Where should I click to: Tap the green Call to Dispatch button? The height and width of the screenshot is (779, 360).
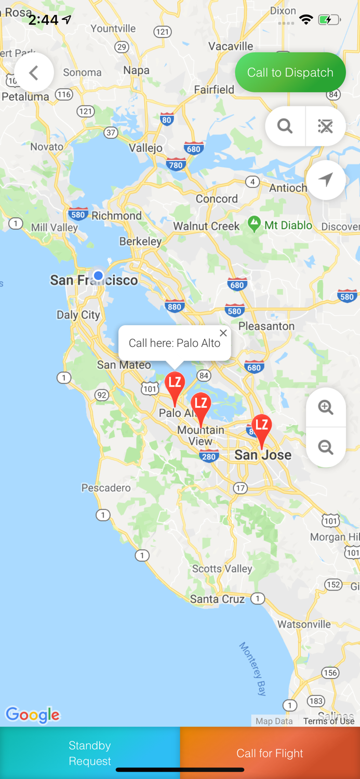(290, 72)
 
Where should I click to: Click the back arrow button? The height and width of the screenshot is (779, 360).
(34, 73)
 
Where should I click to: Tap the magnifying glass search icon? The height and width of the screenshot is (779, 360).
(285, 126)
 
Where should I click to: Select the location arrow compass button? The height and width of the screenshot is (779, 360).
(326, 180)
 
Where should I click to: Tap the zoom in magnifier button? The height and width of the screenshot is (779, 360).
(326, 408)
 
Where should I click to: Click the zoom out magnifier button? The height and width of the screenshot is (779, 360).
(326, 447)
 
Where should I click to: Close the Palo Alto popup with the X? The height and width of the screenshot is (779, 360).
(223, 333)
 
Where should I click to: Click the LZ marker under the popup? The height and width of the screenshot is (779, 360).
(175, 385)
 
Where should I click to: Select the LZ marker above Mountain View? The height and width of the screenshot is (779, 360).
(201, 406)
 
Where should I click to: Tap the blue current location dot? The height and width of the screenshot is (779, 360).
(98, 275)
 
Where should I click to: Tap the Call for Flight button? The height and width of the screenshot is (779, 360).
(270, 753)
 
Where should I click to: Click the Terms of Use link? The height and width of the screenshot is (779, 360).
(329, 721)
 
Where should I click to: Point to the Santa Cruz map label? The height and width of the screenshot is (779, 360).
(217, 599)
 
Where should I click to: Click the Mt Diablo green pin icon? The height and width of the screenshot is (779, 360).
(254, 224)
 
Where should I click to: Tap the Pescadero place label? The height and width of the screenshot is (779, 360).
(106, 488)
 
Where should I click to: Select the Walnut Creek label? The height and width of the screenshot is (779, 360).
(206, 226)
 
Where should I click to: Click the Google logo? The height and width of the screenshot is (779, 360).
(33, 715)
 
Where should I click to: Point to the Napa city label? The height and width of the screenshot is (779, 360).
(137, 70)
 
